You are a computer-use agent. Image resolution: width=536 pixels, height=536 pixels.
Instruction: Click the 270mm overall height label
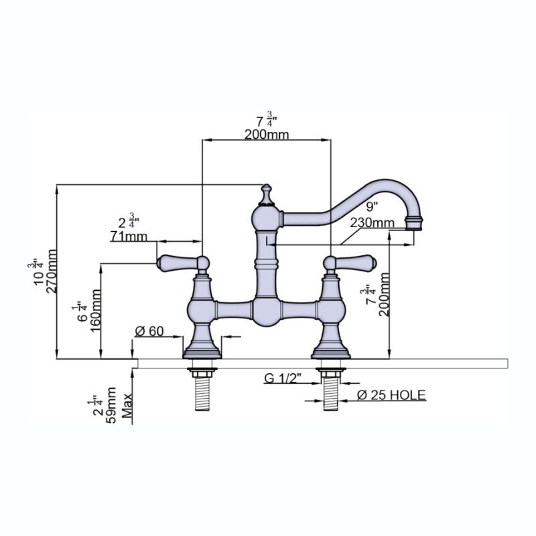pos(52,271)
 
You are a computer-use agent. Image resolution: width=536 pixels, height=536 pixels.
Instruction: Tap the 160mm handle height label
pos(96,310)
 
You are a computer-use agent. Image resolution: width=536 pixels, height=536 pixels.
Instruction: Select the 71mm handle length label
pos(129,237)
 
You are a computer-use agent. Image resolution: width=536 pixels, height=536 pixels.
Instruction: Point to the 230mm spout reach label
pos(373,223)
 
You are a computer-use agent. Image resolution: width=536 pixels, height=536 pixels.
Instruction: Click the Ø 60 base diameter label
pos(149,331)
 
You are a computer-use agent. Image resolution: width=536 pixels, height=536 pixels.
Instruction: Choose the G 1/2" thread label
pos(283,379)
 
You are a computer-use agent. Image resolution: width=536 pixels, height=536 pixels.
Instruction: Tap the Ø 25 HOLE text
pos(391,395)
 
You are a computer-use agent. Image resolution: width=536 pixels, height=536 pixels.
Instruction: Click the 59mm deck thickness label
pos(111,405)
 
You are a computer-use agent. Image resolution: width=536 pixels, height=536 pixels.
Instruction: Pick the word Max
pos(127,406)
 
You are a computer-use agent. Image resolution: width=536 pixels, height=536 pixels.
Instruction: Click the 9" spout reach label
pos(372,206)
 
